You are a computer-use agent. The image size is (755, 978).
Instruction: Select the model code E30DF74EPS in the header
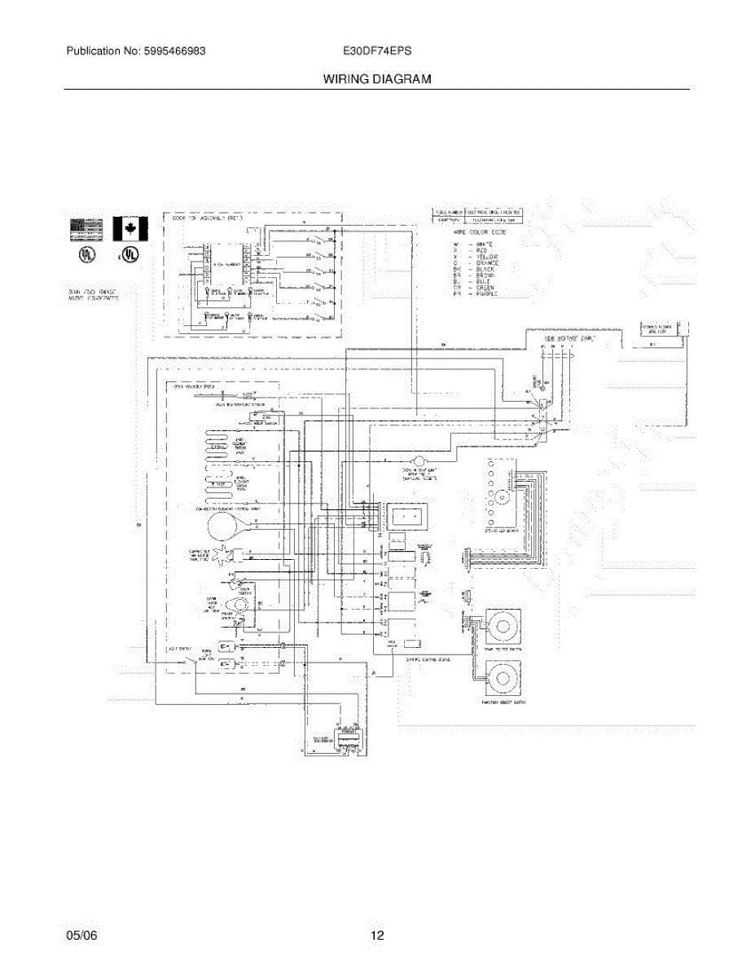(377, 51)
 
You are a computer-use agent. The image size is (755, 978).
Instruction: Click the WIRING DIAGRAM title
(376, 79)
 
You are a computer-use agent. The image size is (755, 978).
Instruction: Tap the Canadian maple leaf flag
(129, 228)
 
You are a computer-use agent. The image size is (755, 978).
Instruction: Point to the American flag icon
(86, 228)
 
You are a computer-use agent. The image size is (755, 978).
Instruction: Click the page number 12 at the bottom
(377, 936)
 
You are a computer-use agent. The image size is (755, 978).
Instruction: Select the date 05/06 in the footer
(81, 936)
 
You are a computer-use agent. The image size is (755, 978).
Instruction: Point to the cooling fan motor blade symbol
(221, 557)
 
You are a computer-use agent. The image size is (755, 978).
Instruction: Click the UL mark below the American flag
(85, 253)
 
